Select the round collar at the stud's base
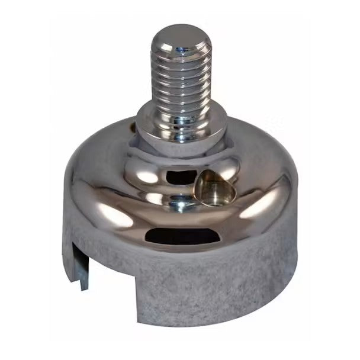point(181,121)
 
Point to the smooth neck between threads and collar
point(180,105)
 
